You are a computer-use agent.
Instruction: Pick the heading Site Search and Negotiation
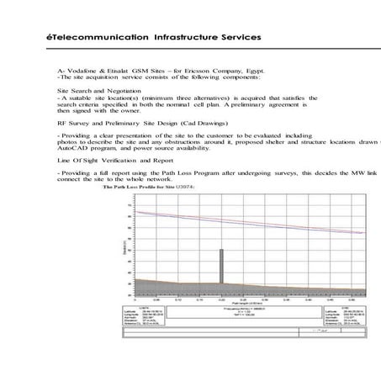tap(99, 89)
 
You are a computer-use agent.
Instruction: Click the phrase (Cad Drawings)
tap(181, 122)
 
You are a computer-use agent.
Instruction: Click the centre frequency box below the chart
tap(245, 314)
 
